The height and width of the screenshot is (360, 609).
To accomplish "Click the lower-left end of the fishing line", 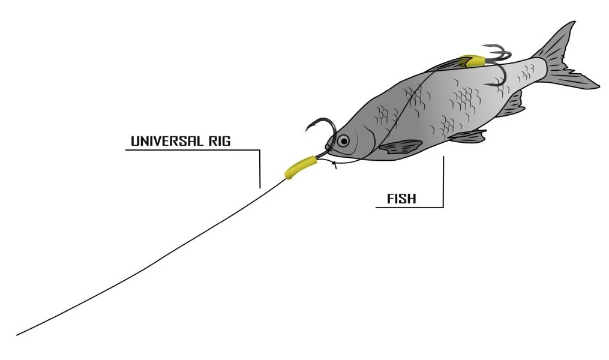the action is (17, 335).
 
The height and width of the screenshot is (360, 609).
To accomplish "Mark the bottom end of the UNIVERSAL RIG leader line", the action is (260, 188).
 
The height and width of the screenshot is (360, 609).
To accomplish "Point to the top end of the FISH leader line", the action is (443, 157).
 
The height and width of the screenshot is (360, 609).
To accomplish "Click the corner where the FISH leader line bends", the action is (443, 208).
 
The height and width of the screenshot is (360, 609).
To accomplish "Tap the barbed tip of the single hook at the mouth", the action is (305, 131).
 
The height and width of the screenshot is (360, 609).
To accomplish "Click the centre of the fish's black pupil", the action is (344, 140).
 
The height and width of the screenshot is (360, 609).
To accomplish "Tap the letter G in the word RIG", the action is (226, 140).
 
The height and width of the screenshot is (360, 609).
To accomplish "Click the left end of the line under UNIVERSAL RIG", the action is (126, 150).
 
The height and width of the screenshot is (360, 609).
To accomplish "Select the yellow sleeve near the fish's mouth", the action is (301, 167).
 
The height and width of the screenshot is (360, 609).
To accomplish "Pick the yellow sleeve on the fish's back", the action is (472, 61).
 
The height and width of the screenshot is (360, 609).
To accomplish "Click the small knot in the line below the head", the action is (334, 164).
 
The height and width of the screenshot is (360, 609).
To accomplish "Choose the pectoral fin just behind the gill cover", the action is (401, 146).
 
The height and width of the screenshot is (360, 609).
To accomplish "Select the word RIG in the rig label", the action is (220, 140).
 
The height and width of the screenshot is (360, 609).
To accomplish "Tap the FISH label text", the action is (401, 199).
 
